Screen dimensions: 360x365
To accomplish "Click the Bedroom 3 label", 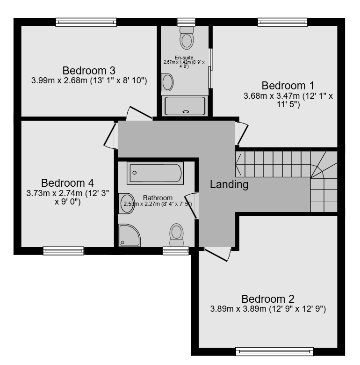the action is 89,71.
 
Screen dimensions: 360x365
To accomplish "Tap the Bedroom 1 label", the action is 288,86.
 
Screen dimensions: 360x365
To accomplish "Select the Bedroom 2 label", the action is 268,299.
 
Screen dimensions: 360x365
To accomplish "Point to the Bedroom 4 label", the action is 67,183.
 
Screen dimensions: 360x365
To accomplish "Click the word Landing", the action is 229,184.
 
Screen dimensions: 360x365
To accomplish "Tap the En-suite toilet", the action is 187,38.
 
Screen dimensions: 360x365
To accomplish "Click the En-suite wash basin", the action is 167,82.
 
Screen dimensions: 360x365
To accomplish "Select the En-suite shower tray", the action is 185,106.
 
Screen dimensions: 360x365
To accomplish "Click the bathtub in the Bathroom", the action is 155,173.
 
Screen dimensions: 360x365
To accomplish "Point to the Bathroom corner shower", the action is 129,235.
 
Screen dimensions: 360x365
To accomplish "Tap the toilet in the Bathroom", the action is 177,235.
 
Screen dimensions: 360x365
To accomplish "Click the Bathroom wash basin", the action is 127,204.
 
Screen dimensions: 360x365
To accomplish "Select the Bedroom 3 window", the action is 86,22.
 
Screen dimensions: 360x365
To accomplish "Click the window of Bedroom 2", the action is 274,351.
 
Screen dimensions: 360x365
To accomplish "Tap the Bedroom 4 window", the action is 64,251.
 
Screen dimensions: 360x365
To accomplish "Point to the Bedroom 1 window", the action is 282,22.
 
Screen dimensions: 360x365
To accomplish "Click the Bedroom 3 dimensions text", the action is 89,80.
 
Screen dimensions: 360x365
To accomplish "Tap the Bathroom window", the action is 176,251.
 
